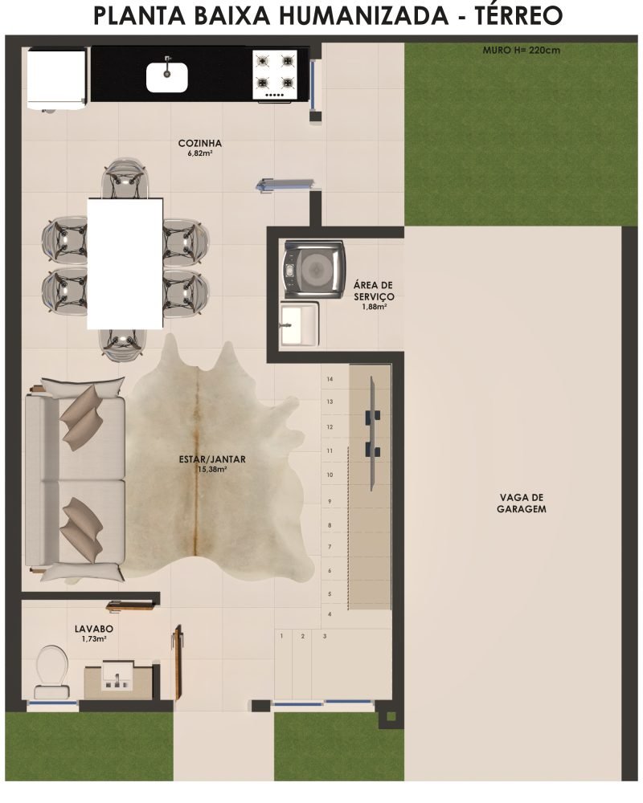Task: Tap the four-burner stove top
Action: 275,75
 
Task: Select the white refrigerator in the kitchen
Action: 56,79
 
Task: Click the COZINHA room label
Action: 200,144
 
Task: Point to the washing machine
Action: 314,268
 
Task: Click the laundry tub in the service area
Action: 300,324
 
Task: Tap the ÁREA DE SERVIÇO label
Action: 374,291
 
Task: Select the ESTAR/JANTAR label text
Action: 212,459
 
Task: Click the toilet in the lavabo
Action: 51,671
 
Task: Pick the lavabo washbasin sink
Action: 118,676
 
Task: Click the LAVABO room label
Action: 94,629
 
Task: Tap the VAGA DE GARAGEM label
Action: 522,503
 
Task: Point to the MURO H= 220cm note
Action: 522,50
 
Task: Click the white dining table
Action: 125,263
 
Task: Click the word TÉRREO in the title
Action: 518,16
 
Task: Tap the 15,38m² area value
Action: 212,469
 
